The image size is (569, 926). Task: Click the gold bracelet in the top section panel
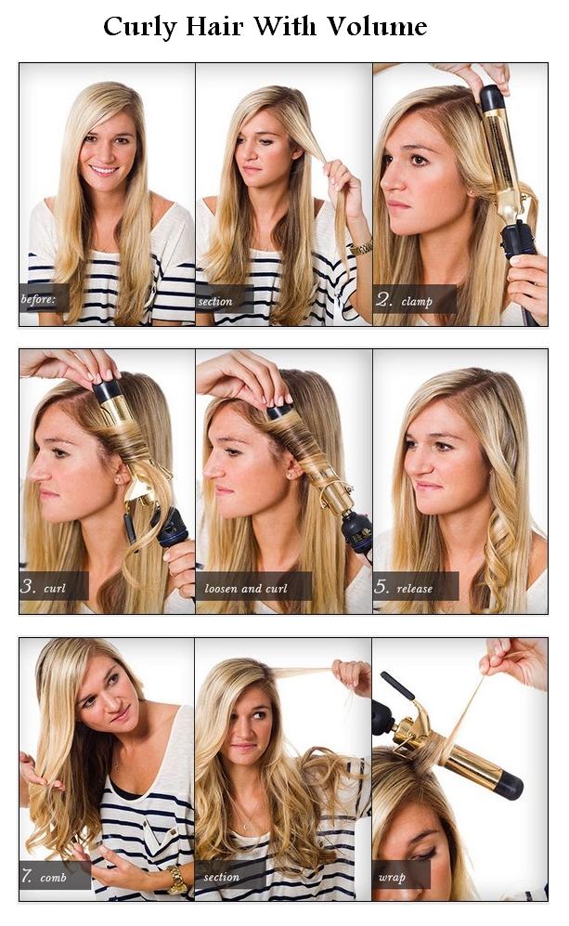(x=361, y=248)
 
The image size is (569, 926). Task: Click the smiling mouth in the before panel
(x=103, y=170)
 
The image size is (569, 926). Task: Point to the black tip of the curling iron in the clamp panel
(x=492, y=98)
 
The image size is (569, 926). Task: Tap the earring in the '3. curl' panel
(x=120, y=480)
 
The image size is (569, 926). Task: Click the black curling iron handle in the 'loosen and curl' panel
(x=356, y=529)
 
